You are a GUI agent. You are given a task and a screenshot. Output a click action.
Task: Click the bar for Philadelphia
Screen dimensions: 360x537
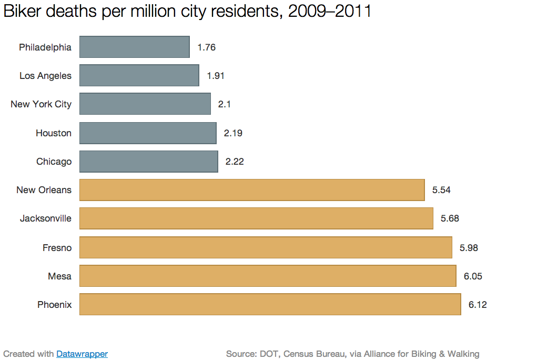pyautogui.click(x=135, y=47)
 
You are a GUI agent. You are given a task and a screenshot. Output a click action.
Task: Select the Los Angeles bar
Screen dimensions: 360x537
pyautogui.click(x=139, y=75)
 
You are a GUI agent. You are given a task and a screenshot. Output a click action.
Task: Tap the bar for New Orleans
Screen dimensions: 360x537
pyautogui.click(x=252, y=190)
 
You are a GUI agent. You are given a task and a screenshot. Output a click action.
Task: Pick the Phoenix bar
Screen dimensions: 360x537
pyautogui.click(x=270, y=304)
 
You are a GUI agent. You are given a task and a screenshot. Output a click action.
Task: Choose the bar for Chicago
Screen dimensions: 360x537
pyautogui.click(x=149, y=162)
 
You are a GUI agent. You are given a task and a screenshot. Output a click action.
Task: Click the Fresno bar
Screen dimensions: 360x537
pyautogui.click(x=266, y=247)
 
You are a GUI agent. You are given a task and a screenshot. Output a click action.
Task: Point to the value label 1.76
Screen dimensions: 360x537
pyautogui.click(x=207, y=47)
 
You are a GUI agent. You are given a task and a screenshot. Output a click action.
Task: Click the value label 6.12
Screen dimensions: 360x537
pyautogui.click(x=478, y=305)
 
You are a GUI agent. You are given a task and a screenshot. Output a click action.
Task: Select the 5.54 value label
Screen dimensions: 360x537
pyautogui.click(x=441, y=190)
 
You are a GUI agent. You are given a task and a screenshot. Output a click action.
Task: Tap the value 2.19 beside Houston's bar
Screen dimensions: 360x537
pyautogui.click(x=233, y=133)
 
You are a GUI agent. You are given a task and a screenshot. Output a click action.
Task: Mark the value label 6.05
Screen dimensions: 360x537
pyautogui.click(x=473, y=276)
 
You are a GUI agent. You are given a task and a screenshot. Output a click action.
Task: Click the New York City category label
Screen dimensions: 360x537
pyautogui.click(x=41, y=104)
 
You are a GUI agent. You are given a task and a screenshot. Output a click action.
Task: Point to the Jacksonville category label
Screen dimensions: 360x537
pyautogui.click(x=46, y=218)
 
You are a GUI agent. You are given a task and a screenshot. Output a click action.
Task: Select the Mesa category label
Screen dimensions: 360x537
pyautogui.click(x=60, y=276)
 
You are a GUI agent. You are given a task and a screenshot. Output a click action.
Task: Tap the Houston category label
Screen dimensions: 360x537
pyautogui.click(x=54, y=133)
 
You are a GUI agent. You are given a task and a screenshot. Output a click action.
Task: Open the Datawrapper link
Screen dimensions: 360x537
pyautogui.click(x=82, y=354)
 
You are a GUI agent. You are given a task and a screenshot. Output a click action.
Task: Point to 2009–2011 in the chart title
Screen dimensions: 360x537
pyautogui.click(x=330, y=12)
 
